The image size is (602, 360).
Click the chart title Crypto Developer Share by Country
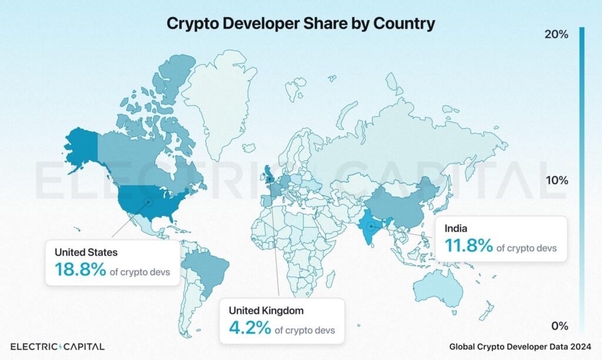coord(300,24)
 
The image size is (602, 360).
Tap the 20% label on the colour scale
coord(556,35)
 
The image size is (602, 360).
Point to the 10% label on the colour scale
coord(556,180)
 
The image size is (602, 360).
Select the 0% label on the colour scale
coord(559,326)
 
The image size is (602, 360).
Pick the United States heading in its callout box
coord(86,252)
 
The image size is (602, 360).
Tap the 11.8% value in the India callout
coord(469,245)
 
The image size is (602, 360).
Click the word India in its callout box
coord(456,228)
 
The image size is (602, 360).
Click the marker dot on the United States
coord(148,201)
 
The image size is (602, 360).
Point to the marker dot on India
coord(370,225)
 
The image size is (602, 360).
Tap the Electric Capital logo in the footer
coord(58,346)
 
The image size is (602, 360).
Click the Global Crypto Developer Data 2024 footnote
coord(520,346)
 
